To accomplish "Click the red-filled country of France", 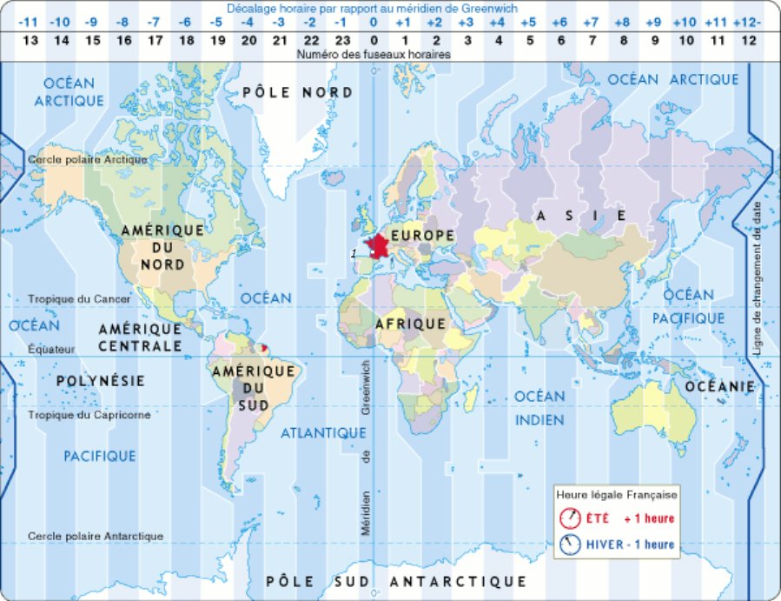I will [x=380, y=247].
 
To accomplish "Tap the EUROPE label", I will [x=421, y=236].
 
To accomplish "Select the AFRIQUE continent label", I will [x=410, y=324].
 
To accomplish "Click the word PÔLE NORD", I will [x=297, y=92].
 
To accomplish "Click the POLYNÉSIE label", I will [x=100, y=381].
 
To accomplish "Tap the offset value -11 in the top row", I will [x=30, y=21].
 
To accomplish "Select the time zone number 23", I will [x=342, y=39].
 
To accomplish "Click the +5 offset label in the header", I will [x=528, y=21].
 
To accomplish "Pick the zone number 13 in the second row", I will [x=30, y=39].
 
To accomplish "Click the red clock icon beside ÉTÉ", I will [x=570, y=518].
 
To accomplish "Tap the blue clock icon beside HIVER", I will [x=570, y=544].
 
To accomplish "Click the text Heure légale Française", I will [x=617, y=494].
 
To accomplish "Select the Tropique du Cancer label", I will [x=79, y=299].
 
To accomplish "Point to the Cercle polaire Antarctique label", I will [x=96, y=536].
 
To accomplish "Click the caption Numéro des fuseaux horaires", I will [x=374, y=54].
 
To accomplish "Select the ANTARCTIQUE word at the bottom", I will [x=458, y=581].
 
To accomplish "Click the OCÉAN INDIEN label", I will [x=539, y=408].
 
